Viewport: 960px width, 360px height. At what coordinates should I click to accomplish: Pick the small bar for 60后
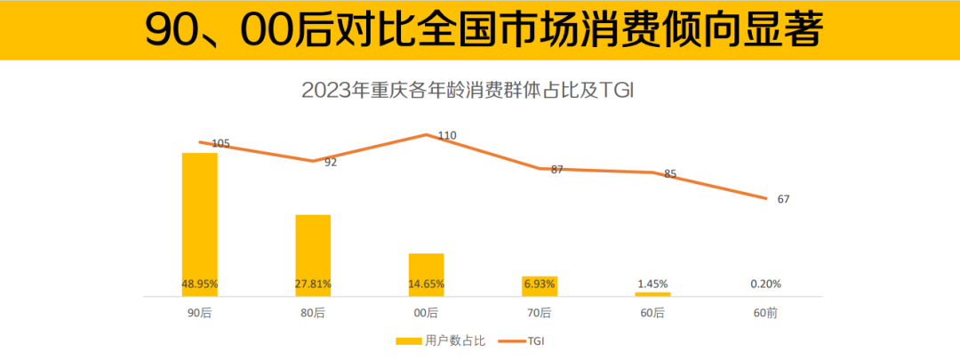(x=652, y=293)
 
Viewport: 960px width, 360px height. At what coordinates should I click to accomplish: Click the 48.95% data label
(x=200, y=284)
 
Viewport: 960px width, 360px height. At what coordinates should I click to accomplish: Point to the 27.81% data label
(x=313, y=284)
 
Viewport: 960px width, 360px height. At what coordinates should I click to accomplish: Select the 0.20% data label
(x=765, y=284)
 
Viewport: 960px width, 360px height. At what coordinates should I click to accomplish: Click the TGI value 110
(x=447, y=136)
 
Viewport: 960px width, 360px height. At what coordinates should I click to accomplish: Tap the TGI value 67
(x=783, y=199)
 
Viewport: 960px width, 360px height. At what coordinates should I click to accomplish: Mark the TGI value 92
(x=331, y=162)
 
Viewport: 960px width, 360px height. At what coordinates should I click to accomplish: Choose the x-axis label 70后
(x=539, y=313)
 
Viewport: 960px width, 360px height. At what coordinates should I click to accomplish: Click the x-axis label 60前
(x=765, y=313)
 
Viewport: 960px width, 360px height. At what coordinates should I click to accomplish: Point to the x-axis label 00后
(x=426, y=313)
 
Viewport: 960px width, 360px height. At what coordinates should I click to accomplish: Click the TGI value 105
(x=220, y=143)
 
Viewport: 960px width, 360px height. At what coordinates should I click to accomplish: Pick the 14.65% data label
(x=426, y=284)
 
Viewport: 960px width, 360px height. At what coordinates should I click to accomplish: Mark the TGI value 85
(x=670, y=174)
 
